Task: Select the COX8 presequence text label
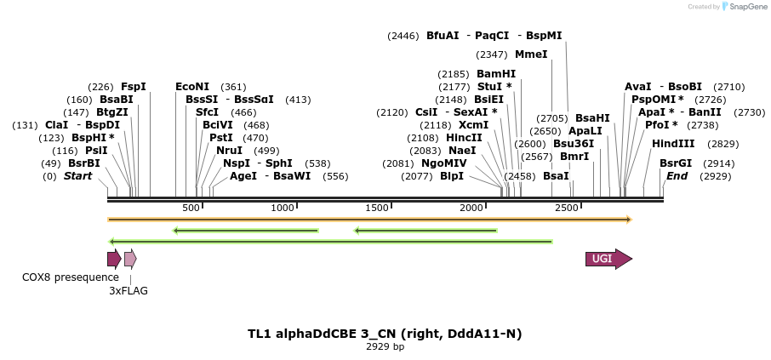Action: (71, 277)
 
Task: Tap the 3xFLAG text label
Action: (128, 291)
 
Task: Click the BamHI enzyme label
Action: (496, 74)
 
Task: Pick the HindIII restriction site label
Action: (673, 144)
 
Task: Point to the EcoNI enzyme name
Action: (192, 87)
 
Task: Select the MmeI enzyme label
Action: (531, 54)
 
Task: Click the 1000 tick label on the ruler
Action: (283, 209)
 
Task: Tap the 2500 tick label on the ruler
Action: (566, 209)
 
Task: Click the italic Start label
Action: (77, 176)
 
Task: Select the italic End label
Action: (677, 176)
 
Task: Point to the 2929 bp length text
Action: (385, 347)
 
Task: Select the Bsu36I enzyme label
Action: (574, 144)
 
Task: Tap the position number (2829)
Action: (722, 144)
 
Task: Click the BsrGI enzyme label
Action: (676, 163)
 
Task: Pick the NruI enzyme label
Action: (230, 151)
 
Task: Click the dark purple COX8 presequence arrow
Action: (114, 260)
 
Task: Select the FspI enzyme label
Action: (134, 87)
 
